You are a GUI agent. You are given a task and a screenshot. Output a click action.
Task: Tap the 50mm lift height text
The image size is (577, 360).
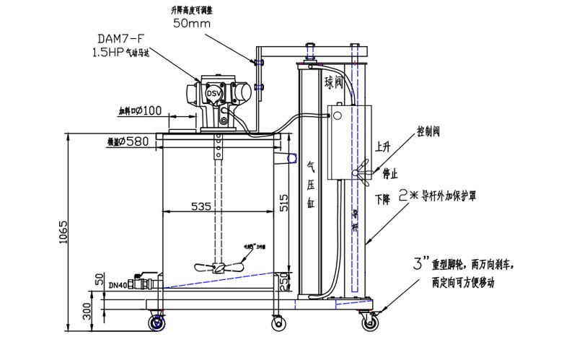point(193,22)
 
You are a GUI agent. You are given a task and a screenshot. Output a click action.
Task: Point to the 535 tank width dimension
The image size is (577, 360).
point(202,206)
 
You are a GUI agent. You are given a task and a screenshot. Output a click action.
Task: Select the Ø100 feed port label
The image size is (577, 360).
point(140,111)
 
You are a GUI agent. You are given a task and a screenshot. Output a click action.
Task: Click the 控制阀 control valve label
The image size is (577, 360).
point(428,133)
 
